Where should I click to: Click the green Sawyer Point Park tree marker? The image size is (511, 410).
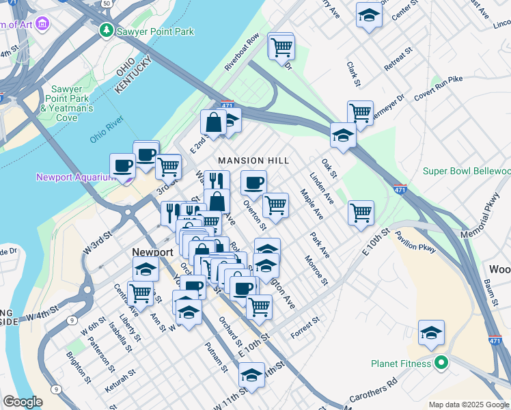(x=106, y=31)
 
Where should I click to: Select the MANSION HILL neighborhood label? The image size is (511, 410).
(x=253, y=161)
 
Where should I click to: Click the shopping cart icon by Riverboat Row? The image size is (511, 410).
(x=281, y=46)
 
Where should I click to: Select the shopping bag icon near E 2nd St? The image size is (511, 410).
(x=213, y=123)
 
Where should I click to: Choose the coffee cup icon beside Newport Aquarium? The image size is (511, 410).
(x=123, y=165)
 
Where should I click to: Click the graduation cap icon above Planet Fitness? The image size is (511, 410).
(x=431, y=333)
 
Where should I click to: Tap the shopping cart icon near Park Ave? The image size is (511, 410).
(x=360, y=213)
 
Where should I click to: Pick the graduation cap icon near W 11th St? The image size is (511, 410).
(x=251, y=375)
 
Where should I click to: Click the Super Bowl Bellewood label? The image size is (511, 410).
(x=467, y=171)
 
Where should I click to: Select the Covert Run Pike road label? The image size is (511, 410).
(x=438, y=89)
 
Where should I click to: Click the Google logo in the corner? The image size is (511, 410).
(x=23, y=402)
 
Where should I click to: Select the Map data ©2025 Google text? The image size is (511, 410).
(x=469, y=405)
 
